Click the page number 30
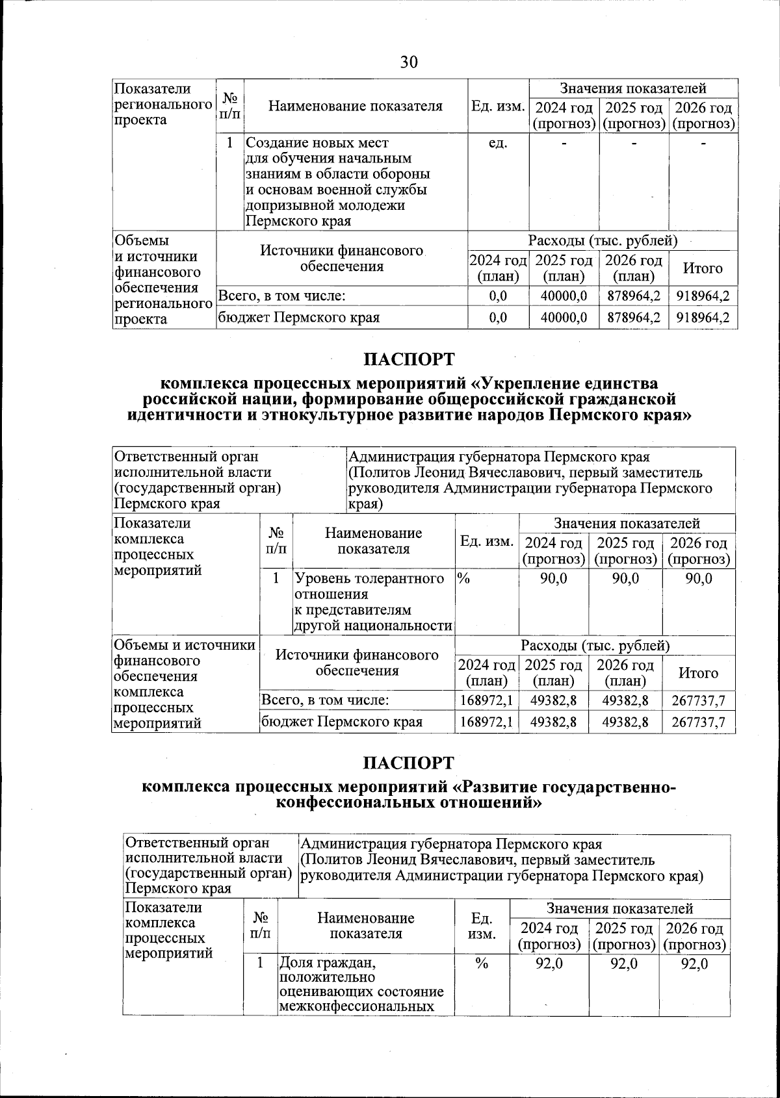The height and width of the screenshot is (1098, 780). [409, 62]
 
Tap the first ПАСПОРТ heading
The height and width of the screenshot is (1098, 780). [408, 359]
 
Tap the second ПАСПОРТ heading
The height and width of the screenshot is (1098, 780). [408, 763]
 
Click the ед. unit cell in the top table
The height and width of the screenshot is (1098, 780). [498, 142]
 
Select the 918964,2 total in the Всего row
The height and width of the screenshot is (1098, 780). [703, 296]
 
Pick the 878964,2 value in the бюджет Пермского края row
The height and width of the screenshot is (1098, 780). [633, 318]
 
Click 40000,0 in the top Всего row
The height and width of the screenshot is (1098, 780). [564, 296]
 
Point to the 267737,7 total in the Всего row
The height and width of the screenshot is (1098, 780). [699, 701]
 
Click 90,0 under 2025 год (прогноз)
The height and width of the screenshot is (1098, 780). [625, 578]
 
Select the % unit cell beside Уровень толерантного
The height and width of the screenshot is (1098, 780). [463, 578]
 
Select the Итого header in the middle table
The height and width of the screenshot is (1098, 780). [699, 673]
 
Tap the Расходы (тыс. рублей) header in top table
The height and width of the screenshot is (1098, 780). [603, 241]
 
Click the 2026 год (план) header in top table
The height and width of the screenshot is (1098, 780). [633, 268]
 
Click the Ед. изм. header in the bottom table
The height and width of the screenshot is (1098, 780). [482, 926]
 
